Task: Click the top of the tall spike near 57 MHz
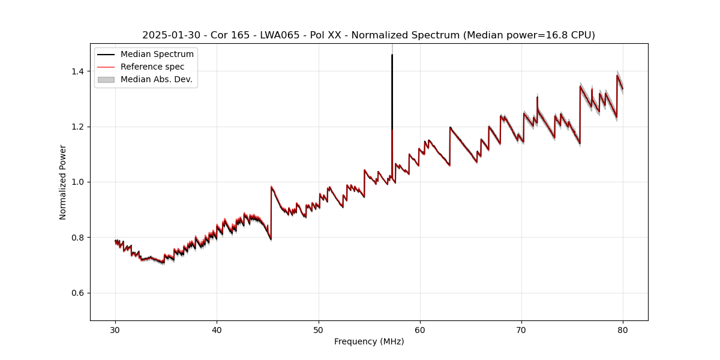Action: click(392, 55)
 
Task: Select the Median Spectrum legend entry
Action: click(157, 55)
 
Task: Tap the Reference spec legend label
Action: click(152, 67)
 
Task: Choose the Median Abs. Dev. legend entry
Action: click(156, 79)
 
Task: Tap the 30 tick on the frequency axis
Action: click(116, 329)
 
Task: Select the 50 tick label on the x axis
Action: click(319, 329)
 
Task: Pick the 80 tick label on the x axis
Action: click(623, 329)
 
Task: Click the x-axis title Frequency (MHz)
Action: click(369, 341)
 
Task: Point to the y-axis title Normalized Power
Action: click(63, 182)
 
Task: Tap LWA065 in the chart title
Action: click(282, 35)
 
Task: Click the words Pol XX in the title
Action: click(326, 35)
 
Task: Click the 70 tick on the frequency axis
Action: click(521, 329)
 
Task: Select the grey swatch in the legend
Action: click(106, 79)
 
